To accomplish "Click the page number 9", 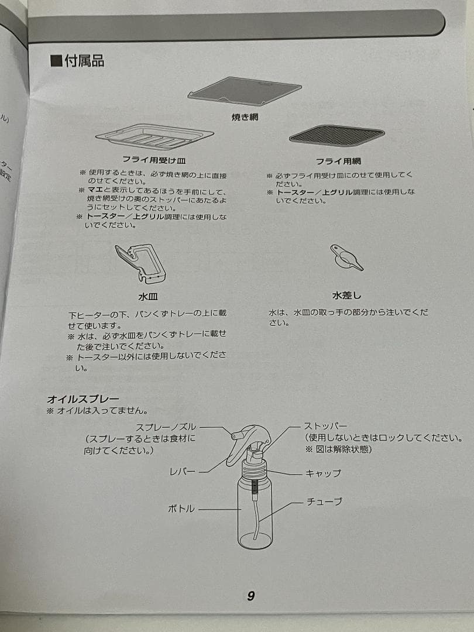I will (250, 596).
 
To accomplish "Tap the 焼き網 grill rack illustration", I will (245, 91).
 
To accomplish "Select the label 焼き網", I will (245, 118).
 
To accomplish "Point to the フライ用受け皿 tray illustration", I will (154, 138).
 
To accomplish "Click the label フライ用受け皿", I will (154, 159).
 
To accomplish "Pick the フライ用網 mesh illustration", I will (337, 136).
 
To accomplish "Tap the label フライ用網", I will (337, 161).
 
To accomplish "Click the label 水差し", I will (346, 296).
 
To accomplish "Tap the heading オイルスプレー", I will (83, 399).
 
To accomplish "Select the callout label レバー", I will (183, 471).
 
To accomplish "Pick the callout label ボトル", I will (181, 509).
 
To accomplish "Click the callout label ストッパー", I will (325, 426).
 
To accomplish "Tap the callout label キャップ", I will (323, 473).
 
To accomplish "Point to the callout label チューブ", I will (324, 502).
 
